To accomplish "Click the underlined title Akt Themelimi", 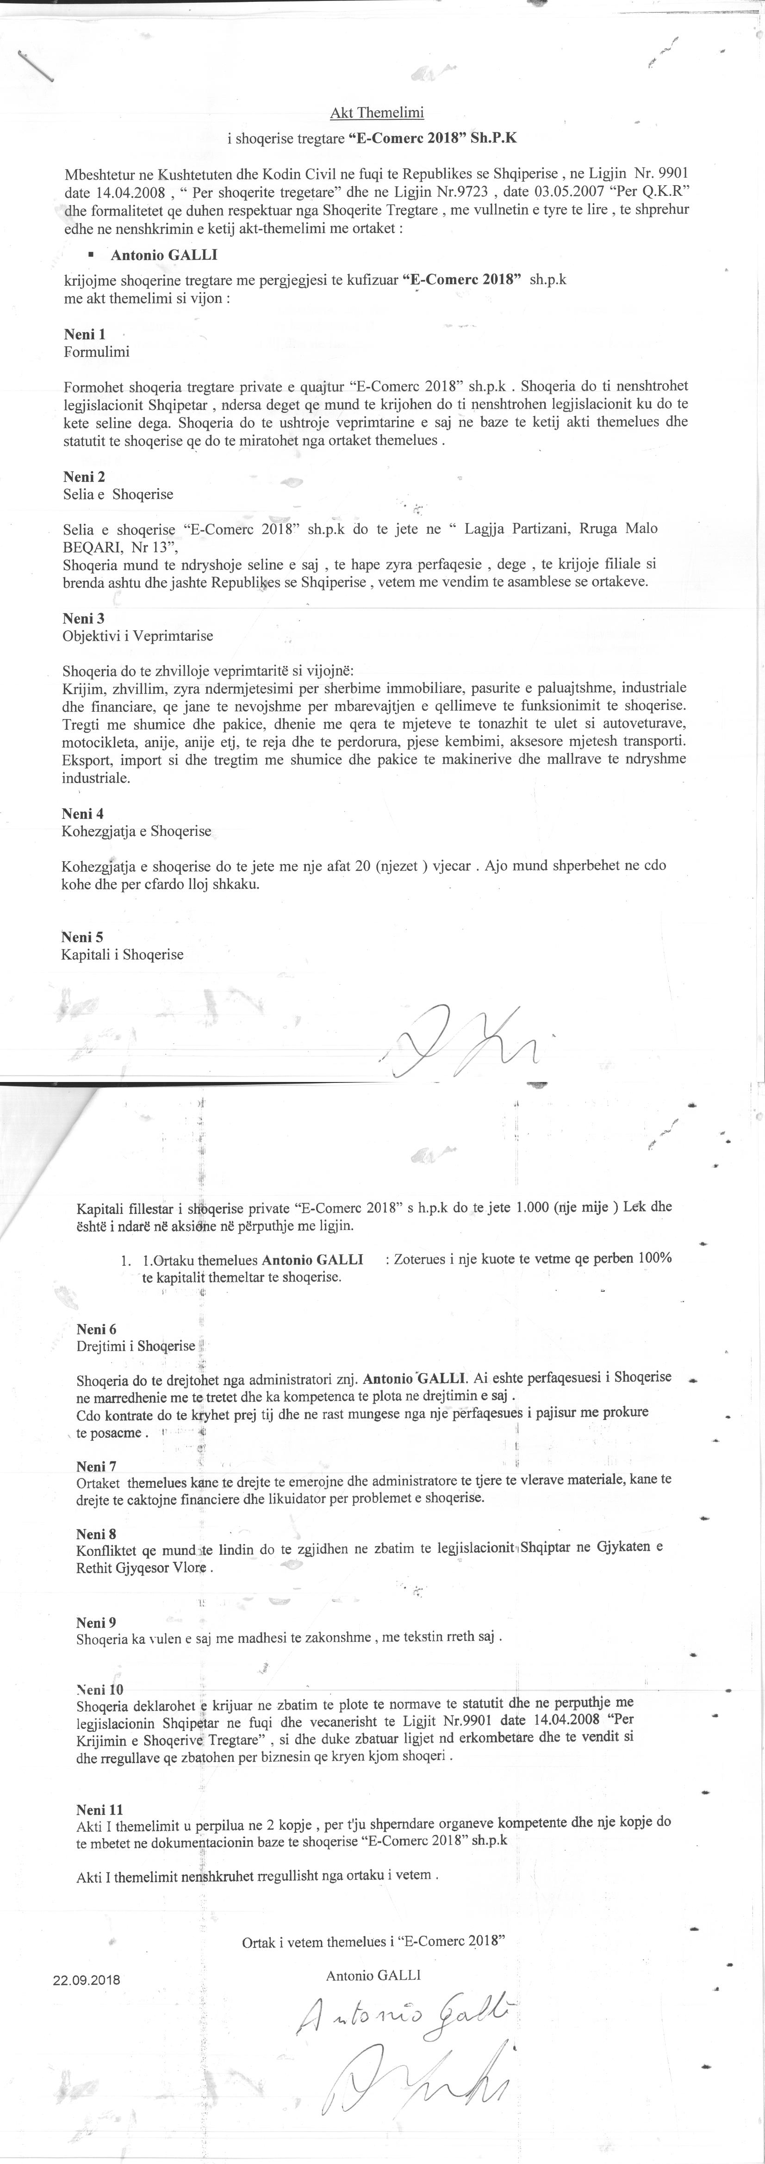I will pyautogui.click(x=377, y=112).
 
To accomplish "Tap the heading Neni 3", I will pyautogui.click(x=83, y=618).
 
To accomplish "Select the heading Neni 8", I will pyautogui.click(x=97, y=1534).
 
